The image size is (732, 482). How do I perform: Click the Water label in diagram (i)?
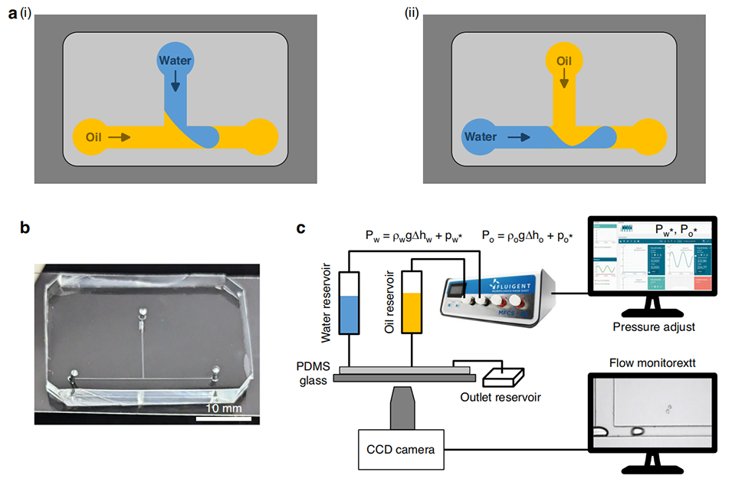176,60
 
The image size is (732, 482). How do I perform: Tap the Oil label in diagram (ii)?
564,60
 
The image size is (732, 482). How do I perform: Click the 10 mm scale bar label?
224,409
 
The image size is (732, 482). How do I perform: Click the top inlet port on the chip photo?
141,312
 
